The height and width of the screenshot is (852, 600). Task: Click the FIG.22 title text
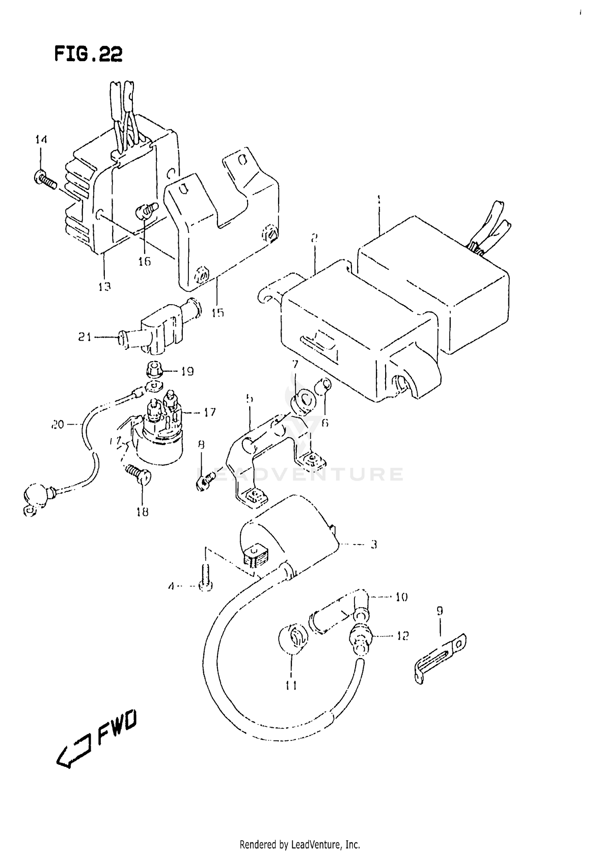pyautogui.click(x=88, y=54)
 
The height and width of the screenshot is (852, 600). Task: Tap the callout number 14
pyautogui.click(x=41, y=140)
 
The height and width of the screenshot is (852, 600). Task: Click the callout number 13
pyautogui.click(x=104, y=286)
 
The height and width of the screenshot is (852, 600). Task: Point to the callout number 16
pyautogui.click(x=144, y=261)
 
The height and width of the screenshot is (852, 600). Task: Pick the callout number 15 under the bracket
pyautogui.click(x=218, y=312)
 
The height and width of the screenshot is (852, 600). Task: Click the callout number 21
pyautogui.click(x=84, y=337)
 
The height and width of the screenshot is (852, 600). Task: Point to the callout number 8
pyautogui.click(x=201, y=445)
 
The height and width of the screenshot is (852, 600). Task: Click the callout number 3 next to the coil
pyautogui.click(x=374, y=545)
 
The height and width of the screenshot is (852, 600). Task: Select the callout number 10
pyautogui.click(x=401, y=597)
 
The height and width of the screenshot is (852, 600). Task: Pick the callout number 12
pyautogui.click(x=402, y=636)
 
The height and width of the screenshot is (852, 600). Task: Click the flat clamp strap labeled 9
pyautogui.click(x=439, y=656)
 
